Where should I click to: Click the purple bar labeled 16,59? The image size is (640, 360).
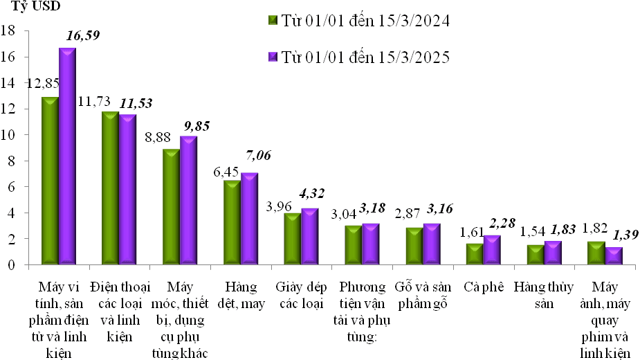pyautogui.click(x=67, y=156)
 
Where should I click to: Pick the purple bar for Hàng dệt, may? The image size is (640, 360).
pyautogui.click(x=249, y=218)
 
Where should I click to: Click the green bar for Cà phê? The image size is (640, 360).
pyautogui.click(x=475, y=253)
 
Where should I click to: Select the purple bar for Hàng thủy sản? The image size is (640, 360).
pyautogui.click(x=553, y=252)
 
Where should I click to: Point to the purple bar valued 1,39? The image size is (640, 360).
pyautogui.click(x=613, y=255)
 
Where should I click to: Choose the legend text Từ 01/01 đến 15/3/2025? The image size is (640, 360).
pyautogui.click(x=366, y=57)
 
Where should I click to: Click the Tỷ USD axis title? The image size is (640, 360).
pyautogui.click(x=35, y=8)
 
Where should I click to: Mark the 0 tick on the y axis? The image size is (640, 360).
pyautogui.click(x=12, y=264)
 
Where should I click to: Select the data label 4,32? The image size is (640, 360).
pyautogui.click(x=310, y=192)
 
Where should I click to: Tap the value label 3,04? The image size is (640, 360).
pyautogui.click(x=345, y=214)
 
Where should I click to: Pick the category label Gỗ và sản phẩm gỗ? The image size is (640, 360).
pyautogui.click(x=422, y=295)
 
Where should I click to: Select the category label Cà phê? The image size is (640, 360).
pyautogui.click(x=482, y=287)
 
